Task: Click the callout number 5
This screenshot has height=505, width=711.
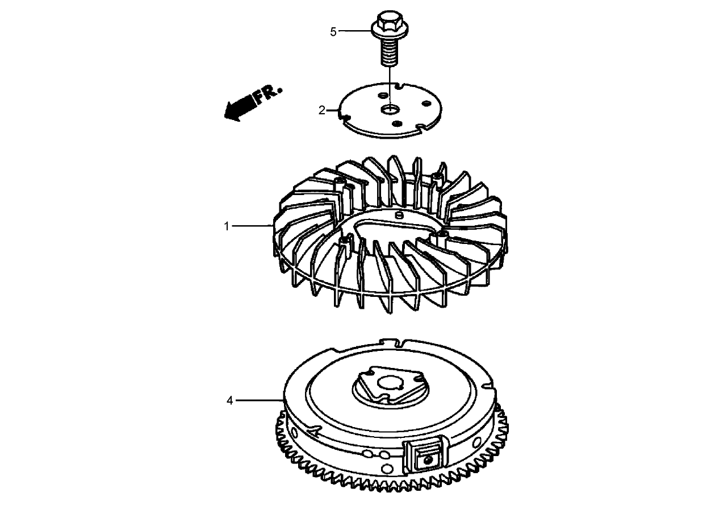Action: click(333, 32)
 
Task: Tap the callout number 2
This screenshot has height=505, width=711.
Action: click(322, 110)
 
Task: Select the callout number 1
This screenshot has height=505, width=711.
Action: click(227, 226)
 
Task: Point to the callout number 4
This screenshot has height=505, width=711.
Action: click(229, 401)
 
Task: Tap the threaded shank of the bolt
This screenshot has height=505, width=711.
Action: click(389, 53)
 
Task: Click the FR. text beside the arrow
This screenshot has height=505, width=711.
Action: click(268, 96)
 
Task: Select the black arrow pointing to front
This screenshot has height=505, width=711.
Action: click(239, 108)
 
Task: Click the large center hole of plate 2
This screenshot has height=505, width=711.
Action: click(390, 109)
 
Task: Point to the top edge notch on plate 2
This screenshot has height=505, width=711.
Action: click(401, 86)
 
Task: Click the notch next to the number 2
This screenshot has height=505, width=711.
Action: click(342, 115)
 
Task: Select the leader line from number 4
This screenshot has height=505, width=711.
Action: click(258, 401)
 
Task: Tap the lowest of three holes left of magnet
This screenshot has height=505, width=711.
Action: click(387, 468)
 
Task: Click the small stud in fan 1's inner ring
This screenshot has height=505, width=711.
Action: click(399, 215)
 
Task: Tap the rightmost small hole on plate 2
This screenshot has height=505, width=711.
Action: click(425, 104)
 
